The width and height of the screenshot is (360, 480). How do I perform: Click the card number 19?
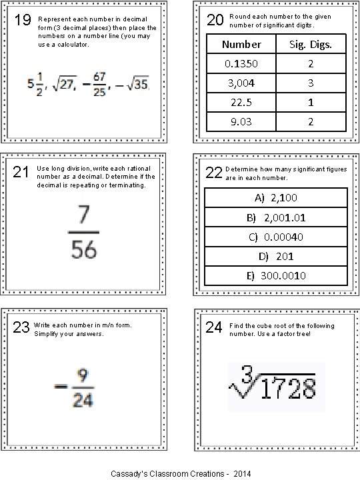(x=22, y=21)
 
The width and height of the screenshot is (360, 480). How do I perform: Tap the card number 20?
(x=215, y=21)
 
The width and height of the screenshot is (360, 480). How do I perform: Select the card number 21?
(x=22, y=173)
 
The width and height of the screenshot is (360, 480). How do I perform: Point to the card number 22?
(x=214, y=173)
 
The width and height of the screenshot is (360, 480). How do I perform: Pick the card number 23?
(x=21, y=327)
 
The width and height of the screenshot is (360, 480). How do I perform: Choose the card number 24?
(x=214, y=327)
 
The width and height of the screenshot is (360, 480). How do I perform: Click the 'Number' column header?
(x=241, y=44)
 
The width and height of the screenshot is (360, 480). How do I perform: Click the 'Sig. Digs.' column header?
(x=311, y=44)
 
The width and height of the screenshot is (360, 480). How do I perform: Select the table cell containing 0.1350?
(x=241, y=63)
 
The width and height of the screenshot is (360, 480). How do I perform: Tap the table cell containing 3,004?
(x=241, y=83)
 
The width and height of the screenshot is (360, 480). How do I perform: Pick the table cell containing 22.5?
(x=241, y=103)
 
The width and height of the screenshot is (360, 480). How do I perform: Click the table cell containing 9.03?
(x=241, y=123)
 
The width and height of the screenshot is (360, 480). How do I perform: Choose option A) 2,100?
(x=276, y=198)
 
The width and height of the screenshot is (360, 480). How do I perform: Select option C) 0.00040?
(x=276, y=237)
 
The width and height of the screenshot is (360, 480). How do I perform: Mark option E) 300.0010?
(x=276, y=275)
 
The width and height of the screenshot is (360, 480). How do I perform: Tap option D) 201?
(x=276, y=256)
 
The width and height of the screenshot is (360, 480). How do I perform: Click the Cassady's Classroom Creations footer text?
(x=181, y=473)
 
